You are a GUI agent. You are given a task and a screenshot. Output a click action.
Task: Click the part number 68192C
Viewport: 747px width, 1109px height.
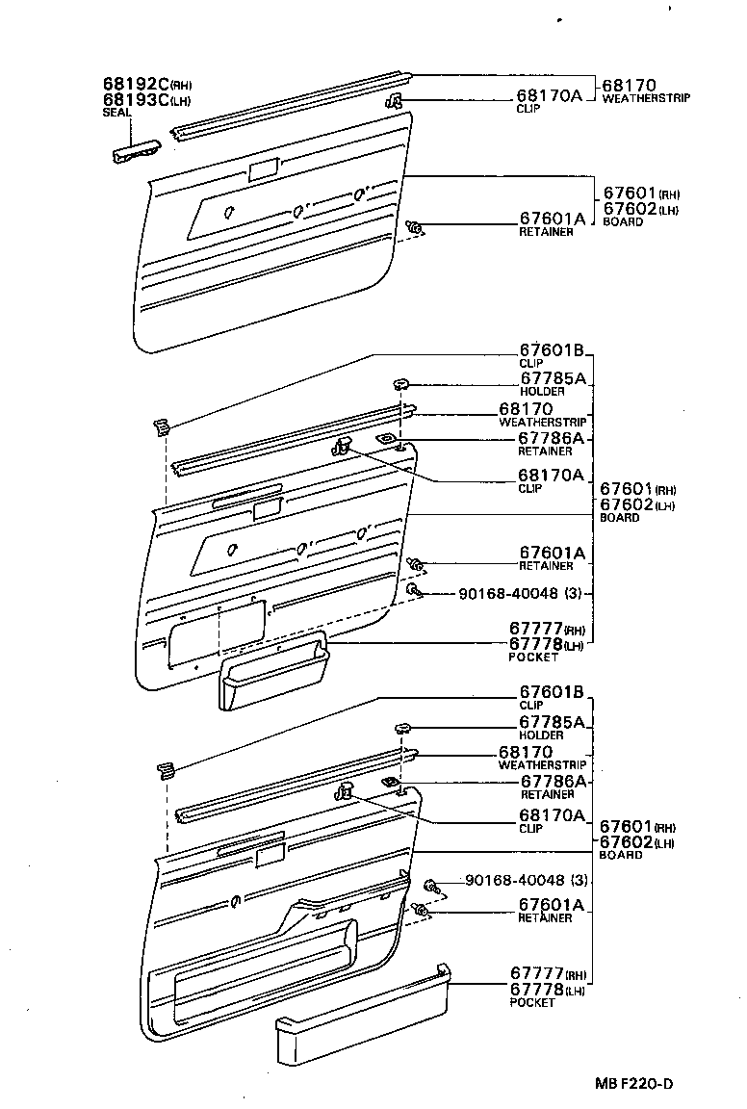click(x=136, y=84)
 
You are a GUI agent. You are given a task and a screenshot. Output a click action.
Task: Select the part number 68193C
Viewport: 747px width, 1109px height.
click(x=136, y=99)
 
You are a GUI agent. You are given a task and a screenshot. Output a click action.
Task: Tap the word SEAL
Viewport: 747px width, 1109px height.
click(x=116, y=112)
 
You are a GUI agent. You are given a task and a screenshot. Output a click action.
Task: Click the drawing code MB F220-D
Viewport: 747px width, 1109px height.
click(x=632, y=1083)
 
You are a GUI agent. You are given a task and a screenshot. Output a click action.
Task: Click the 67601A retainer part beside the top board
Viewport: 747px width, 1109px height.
click(x=416, y=228)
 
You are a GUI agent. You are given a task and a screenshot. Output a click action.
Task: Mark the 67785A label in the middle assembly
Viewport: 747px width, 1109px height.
click(x=552, y=378)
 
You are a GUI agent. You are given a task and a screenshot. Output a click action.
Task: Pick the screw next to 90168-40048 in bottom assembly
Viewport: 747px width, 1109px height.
click(x=432, y=884)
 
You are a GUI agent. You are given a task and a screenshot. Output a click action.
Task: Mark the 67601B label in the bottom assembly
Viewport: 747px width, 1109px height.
click(x=552, y=691)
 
